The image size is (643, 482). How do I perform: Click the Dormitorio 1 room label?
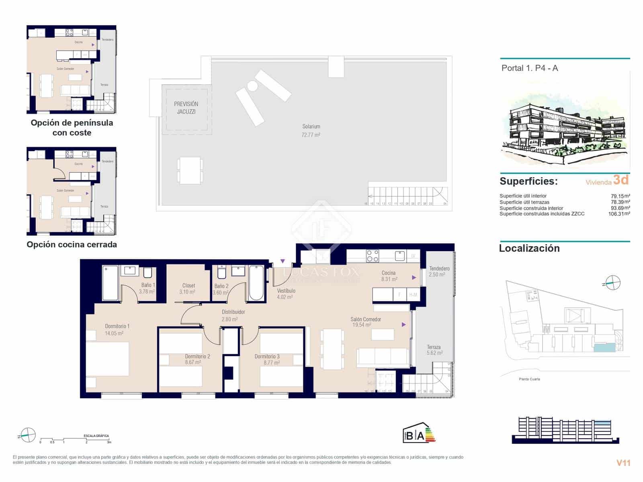point(117,327)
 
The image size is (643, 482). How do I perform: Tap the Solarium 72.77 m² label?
point(311,131)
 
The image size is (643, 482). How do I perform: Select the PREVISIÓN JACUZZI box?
point(186,108)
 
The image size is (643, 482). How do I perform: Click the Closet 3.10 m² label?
point(188,288)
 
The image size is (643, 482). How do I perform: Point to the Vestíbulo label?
point(286,291)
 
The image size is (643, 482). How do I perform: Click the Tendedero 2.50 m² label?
point(439,272)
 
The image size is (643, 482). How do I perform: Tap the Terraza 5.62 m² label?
point(434,350)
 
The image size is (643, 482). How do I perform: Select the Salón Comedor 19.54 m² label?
point(366,322)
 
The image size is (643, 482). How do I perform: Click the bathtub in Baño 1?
point(110,283)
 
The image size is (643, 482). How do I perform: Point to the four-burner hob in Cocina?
point(373,256)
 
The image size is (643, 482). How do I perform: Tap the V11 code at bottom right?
point(623,463)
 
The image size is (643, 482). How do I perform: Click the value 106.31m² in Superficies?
point(619,214)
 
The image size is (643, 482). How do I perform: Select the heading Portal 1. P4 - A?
point(529,68)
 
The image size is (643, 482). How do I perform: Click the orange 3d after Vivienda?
point(621,180)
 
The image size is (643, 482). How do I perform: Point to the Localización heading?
point(529,248)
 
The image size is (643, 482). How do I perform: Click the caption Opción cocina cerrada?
point(72,245)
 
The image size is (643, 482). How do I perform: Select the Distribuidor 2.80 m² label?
point(233,315)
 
